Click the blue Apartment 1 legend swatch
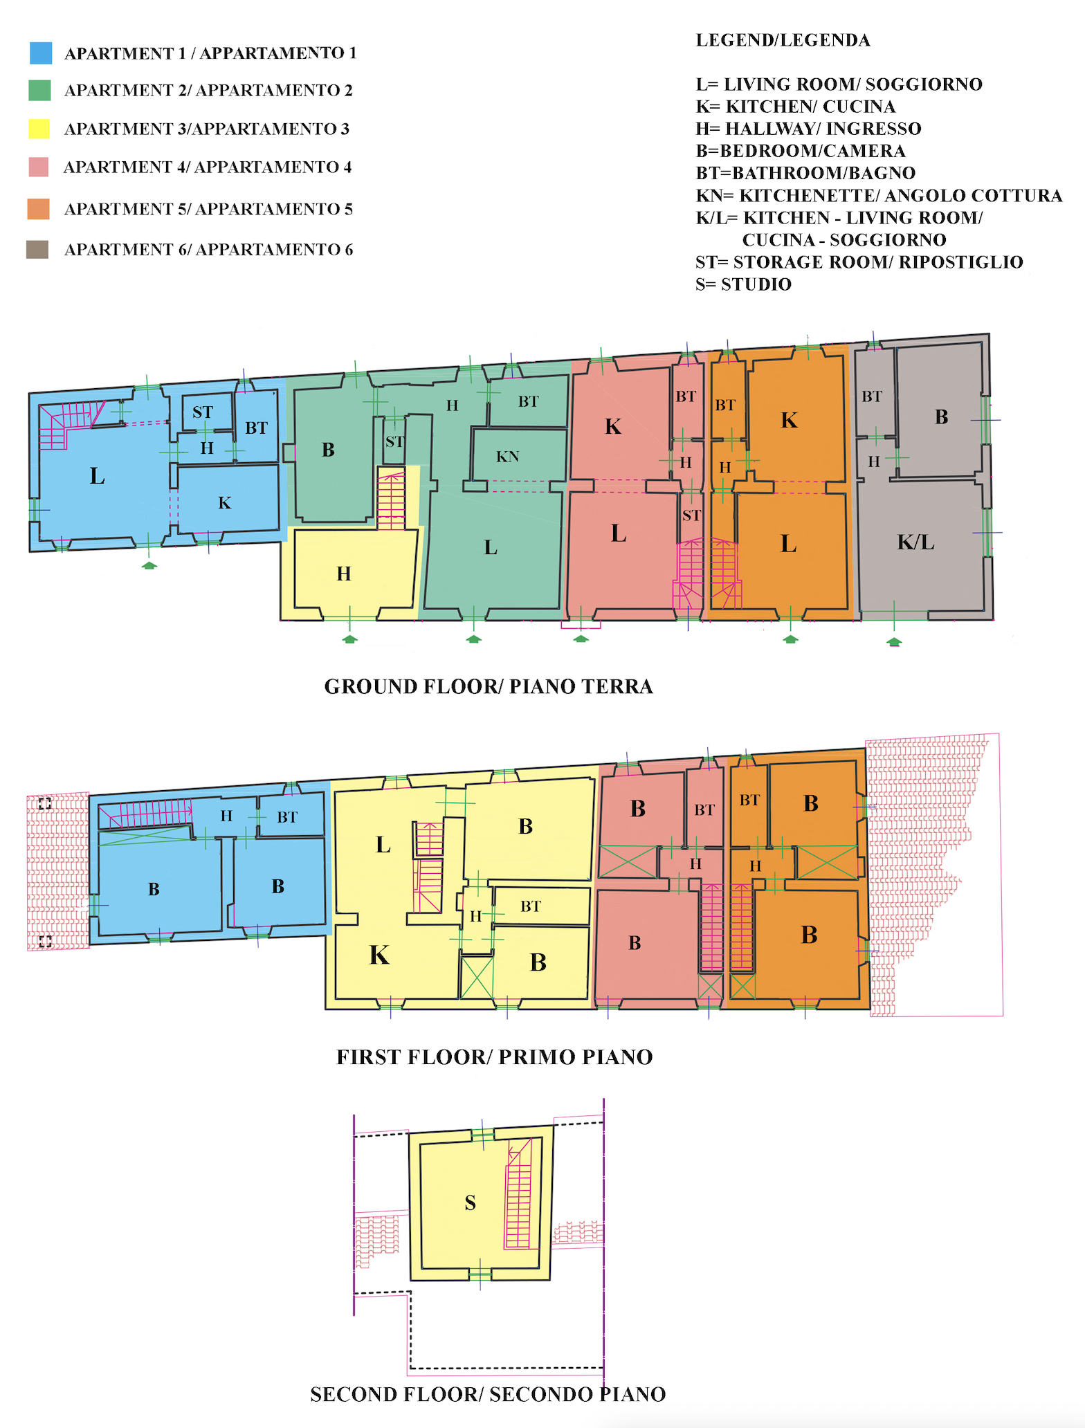41,53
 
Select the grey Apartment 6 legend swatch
37,250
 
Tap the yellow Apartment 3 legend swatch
39,129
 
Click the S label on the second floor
471,1203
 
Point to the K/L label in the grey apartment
915,542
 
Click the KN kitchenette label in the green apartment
507,457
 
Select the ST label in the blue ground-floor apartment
203,413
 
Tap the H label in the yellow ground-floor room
344,574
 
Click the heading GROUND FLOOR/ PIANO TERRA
489,686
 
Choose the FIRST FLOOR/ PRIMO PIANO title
495,1057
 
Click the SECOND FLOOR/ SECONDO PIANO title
488,1394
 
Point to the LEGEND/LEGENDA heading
783,40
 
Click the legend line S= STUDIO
743,284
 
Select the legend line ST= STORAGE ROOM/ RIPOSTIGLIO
859,262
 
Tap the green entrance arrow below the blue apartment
149,565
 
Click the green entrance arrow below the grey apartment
895,642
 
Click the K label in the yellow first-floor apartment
379,955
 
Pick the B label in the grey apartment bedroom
941,417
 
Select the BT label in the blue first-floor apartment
287,817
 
